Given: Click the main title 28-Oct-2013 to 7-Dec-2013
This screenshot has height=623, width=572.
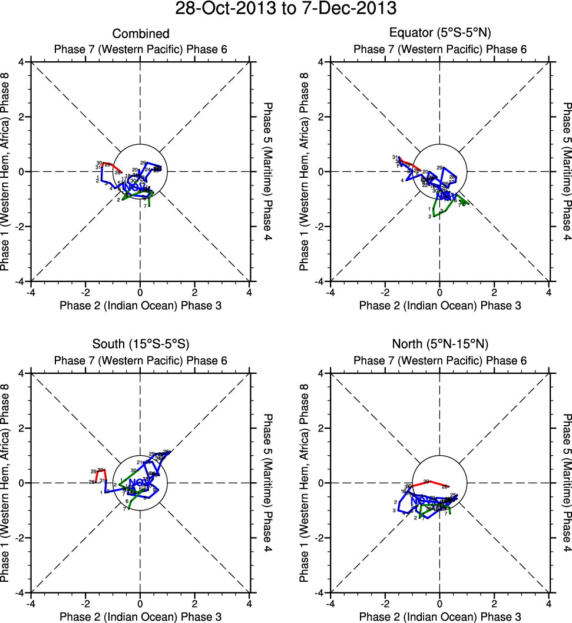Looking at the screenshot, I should pyautogui.click(x=286, y=9).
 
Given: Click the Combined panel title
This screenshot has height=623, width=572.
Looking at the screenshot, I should pyautogui.click(x=141, y=34).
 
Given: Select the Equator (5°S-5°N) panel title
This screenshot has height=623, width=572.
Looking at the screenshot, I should pyautogui.click(x=440, y=34).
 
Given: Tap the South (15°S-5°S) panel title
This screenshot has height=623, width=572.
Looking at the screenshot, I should pyautogui.click(x=141, y=344).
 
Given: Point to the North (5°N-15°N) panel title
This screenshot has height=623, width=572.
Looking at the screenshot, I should pyautogui.click(x=440, y=344).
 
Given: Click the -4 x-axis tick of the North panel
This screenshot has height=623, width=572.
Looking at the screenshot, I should pyautogui.click(x=330, y=604).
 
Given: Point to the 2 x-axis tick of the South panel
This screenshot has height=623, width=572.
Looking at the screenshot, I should pyautogui.click(x=195, y=604).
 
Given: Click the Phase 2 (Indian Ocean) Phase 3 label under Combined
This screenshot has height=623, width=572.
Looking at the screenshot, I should pyautogui.click(x=141, y=305).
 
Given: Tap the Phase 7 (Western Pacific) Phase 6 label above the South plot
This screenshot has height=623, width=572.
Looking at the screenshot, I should pyautogui.click(x=141, y=360).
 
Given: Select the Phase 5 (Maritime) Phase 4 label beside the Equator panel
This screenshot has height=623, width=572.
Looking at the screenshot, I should pyautogui.click(x=567, y=171).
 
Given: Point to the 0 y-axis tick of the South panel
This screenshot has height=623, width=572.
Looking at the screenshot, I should pyautogui.click(x=25, y=483).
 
